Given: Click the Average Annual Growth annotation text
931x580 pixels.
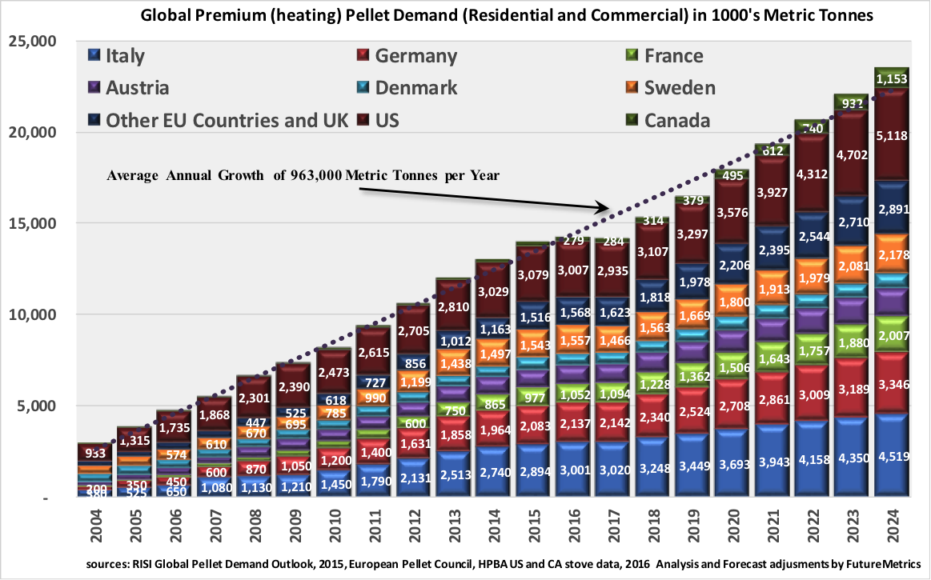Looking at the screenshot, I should (x=303, y=176).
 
